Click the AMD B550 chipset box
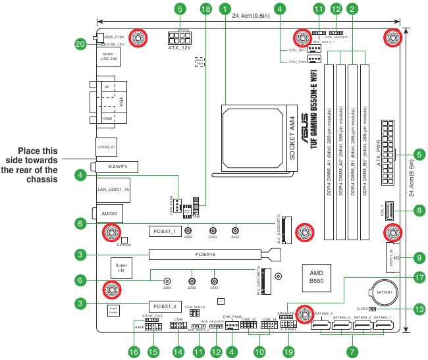316,277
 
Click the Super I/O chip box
120,267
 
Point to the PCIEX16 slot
205,254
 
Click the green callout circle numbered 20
81,45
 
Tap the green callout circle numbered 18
206,9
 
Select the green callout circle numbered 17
419,278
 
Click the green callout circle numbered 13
419,309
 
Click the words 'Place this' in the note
38,151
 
